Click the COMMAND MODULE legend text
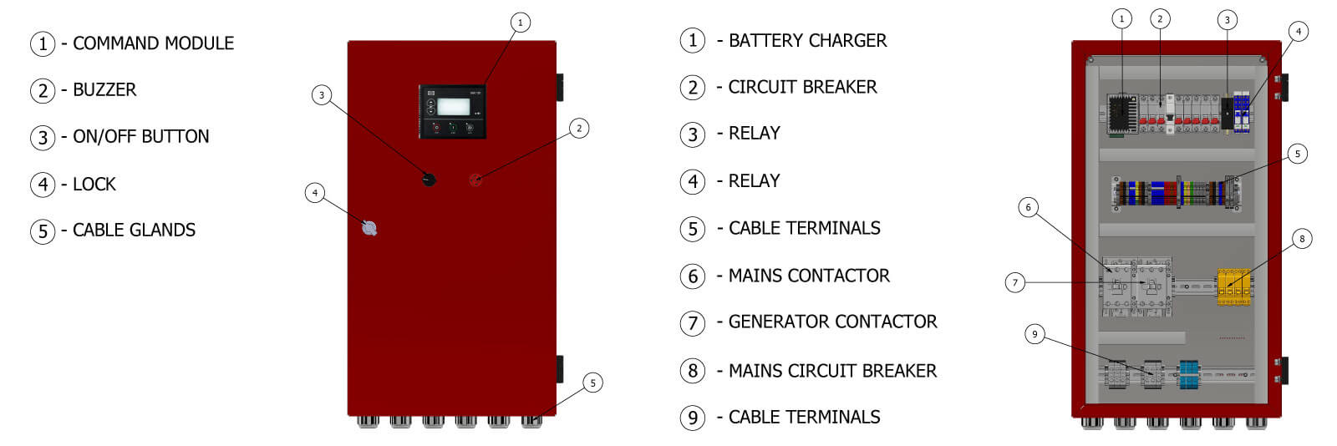(x=153, y=43)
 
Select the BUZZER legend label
(x=104, y=90)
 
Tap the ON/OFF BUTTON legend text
(x=140, y=137)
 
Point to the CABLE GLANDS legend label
(x=134, y=231)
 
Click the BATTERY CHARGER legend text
(x=807, y=41)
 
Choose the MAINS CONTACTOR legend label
(x=809, y=276)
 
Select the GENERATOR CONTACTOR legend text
(x=832, y=322)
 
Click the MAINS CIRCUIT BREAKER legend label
(x=832, y=371)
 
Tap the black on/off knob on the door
(x=429, y=179)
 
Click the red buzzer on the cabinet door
(x=475, y=180)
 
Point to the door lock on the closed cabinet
(x=369, y=228)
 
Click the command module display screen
(x=453, y=106)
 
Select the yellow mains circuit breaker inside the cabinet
(x=1233, y=286)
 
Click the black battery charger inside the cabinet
(x=1121, y=114)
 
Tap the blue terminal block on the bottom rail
(x=1188, y=374)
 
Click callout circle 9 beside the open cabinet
(x=1035, y=334)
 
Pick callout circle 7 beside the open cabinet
(x=1015, y=282)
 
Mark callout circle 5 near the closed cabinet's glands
(x=592, y=383)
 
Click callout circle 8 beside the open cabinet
(x=1301, y=239)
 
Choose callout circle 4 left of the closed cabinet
(x=315, y=193)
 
